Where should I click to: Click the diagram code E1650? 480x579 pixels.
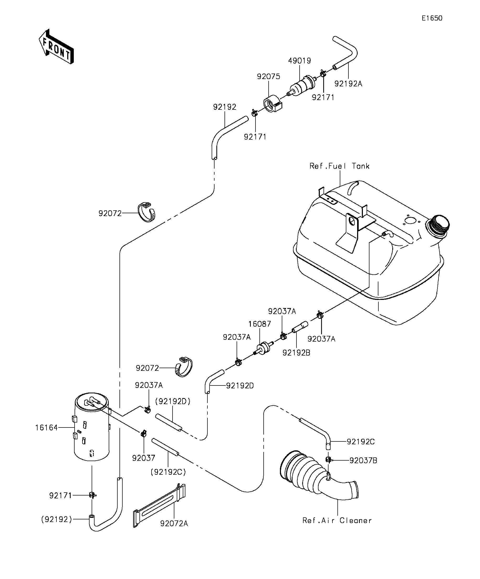coord(432,18)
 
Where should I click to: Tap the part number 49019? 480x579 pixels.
coord(299,61)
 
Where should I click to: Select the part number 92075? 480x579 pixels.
coord(268,76)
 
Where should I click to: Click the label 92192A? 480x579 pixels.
coord(348,84)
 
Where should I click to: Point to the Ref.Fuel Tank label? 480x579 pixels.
coord(340,166)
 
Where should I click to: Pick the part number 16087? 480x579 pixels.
coord(259,324)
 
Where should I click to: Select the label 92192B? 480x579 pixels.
coord(296,353)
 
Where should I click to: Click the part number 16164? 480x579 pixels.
coord(46,428)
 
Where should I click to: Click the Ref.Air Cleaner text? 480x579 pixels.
coord(337,520)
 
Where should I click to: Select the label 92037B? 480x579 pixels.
coord(363,461)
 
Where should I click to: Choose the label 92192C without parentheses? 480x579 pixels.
coord(360,442)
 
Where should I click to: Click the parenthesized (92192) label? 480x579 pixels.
coord(56,519)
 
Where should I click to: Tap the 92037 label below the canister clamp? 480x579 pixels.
coord(144,458)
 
